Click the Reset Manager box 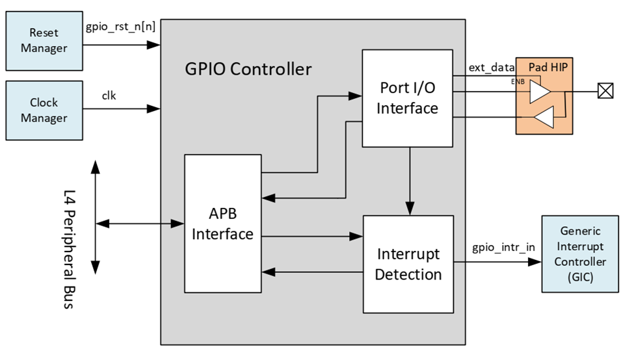point(44,40)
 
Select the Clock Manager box point(44,110)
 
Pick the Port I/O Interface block point(407,98)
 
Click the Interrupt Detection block point(408,264)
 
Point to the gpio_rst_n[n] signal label point(121,28)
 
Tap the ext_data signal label point(492,68)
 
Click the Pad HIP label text point(546,67)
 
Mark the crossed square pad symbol point(605,92)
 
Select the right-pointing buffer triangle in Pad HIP point(539,92)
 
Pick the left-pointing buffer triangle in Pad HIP point(545,118)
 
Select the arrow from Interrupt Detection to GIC point(498,263)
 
